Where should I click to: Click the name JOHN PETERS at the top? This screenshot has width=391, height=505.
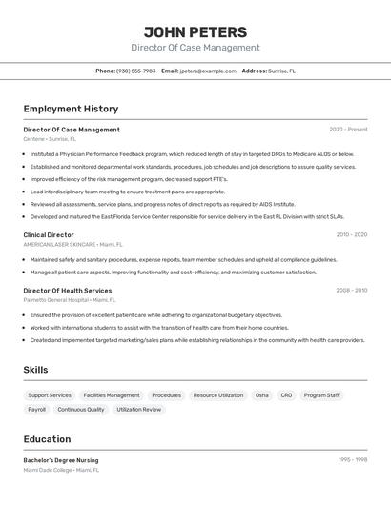coord(195,31)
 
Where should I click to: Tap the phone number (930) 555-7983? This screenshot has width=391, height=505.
coord(135,71)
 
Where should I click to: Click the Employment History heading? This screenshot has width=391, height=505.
coord(71,109)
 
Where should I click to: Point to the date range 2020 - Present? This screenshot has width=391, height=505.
coord(348,130)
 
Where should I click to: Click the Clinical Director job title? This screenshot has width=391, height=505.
coord(49,234)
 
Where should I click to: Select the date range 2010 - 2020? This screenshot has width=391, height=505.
coord(351,234)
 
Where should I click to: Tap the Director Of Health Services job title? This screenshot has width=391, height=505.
coord(68,291)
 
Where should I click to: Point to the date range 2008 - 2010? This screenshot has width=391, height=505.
coord(351,291)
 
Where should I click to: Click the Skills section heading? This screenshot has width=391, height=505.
coord(36,370)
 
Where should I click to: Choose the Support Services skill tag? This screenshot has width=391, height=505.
coord(50,394)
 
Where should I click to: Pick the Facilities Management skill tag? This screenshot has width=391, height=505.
coord(112,394)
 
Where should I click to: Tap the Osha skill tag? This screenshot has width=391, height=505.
coord(261,394)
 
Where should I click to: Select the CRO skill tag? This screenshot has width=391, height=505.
coord(286,394)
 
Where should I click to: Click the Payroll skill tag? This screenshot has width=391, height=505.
coord(37,409)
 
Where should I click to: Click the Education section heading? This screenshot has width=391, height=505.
coord(48,439)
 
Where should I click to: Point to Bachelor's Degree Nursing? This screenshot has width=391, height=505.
coord(61,460)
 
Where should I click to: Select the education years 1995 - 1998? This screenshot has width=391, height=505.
coord(353,460)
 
